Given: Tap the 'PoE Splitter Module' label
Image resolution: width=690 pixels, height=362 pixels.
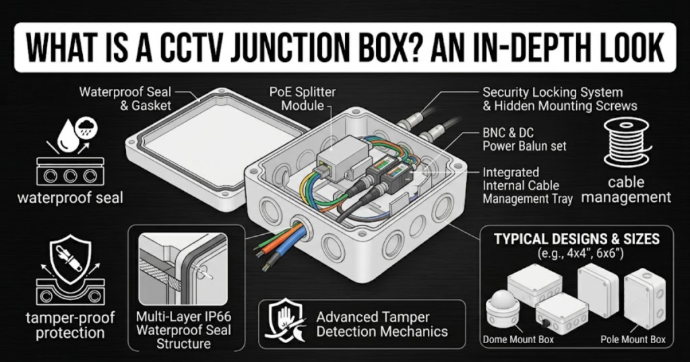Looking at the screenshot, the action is [303, 99].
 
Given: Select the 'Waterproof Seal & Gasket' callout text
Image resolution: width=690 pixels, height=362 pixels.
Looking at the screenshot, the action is [125, 99].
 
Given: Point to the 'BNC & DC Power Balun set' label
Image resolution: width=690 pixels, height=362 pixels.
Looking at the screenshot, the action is [524, 139].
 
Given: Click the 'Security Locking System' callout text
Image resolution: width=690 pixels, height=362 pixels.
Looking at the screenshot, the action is [553, 93].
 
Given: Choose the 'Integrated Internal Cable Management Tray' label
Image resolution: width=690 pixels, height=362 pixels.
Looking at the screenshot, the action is [527, 186].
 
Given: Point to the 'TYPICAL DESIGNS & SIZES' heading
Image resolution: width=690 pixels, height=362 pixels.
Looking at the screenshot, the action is [577, 239].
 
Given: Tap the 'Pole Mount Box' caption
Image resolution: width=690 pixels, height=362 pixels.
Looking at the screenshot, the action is [633, 340].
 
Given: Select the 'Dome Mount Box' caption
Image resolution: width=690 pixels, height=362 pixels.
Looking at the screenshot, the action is [518, 340].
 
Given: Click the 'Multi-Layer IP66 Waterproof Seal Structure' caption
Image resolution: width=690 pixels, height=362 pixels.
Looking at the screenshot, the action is [183, 330].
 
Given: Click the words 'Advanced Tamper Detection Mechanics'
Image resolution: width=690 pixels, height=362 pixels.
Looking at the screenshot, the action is [382, 324].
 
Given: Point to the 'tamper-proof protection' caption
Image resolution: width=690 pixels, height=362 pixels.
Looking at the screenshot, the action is [70, 325].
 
